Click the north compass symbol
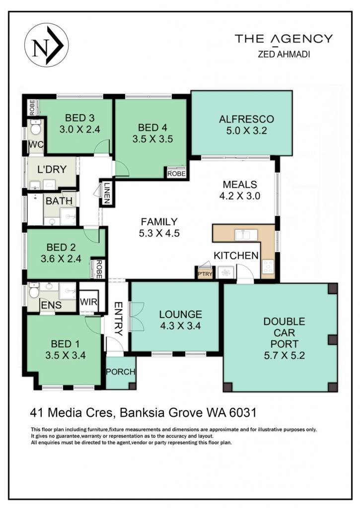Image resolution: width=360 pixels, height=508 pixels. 46,45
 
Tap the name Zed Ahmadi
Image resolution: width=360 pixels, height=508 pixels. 284,55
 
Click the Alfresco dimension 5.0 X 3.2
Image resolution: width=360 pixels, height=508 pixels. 246,130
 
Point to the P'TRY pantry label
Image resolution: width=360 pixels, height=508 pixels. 205,274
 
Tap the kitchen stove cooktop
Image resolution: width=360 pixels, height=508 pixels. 268,266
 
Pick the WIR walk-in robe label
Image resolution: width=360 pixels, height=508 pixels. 88,302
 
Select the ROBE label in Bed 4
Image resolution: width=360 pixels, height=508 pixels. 176,174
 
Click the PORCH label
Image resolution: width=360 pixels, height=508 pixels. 120,372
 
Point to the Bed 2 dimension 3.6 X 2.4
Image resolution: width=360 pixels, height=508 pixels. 61,258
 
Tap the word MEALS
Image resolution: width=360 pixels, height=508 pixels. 240,185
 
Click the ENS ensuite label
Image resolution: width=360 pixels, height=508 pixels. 51,305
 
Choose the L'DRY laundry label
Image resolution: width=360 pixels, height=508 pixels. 52,169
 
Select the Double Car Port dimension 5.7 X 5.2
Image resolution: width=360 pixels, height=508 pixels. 285,355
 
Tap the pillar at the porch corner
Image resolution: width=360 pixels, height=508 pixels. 132,386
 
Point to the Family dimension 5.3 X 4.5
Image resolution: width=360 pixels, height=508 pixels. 159,233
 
